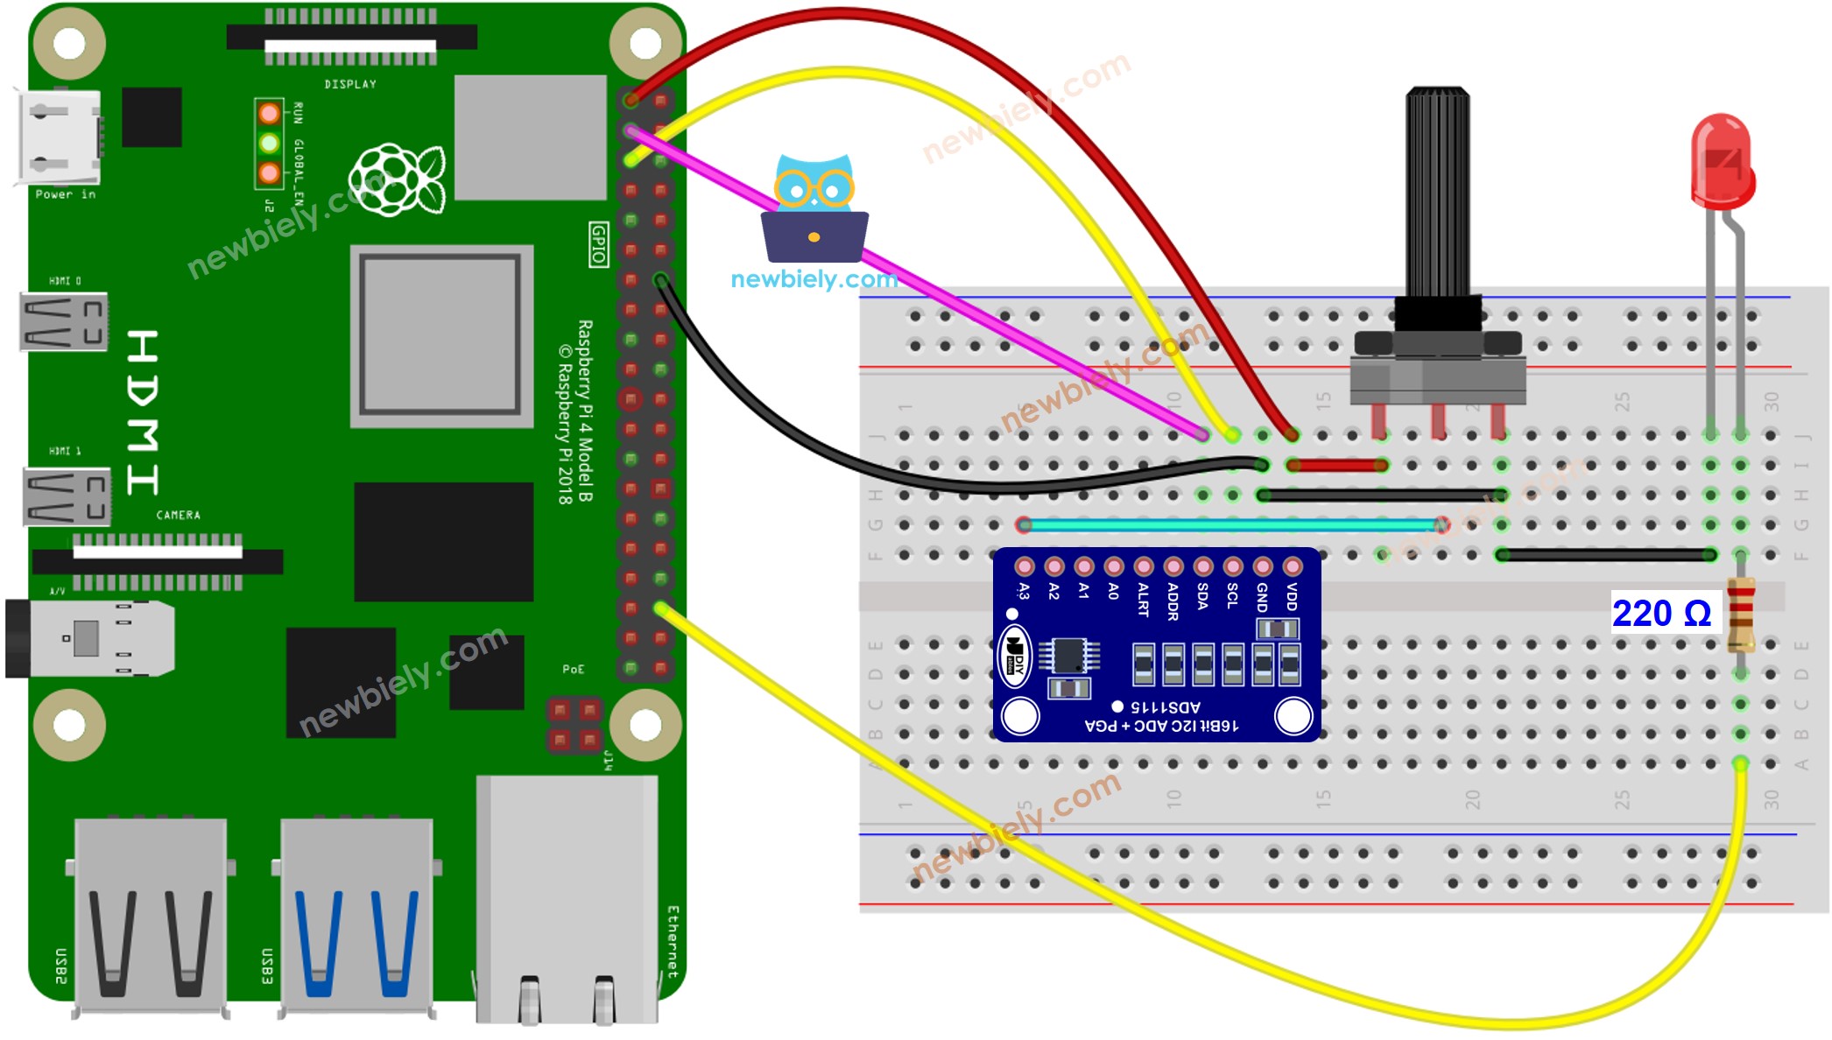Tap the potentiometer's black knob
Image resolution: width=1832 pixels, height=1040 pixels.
(x=1437, y=193)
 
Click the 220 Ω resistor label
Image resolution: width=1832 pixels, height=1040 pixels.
(x=1661, y=613)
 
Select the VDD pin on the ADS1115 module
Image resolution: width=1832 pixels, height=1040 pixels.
(x=1292, y=567)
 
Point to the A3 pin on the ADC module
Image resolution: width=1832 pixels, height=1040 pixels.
(x=1024, y=567)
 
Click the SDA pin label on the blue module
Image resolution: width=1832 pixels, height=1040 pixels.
(x=1202, y=596)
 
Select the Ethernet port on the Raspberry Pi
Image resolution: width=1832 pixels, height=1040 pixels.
(x=567, y=902)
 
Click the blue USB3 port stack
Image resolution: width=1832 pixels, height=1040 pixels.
(x=356, y=915)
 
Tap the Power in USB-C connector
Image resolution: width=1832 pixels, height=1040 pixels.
(x=60, y=138)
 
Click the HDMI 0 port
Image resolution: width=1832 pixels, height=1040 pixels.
(x=64, y=321)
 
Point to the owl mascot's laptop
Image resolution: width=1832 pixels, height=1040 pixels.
(x=814, y=237)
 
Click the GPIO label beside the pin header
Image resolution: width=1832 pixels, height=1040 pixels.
(x=598, y=244)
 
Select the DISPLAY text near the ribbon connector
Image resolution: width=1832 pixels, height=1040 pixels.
(x=350, y=84)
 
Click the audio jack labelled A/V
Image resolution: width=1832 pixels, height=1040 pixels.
(x=88, y=638)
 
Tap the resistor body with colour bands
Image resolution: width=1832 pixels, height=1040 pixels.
(x=1741, y=615)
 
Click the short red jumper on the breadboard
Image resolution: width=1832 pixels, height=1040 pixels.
(x=1336, y=465)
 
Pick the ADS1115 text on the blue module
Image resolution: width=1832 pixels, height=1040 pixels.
(x=1166, y=706)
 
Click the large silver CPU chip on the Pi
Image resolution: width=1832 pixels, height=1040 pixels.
(x=441, y=335)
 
